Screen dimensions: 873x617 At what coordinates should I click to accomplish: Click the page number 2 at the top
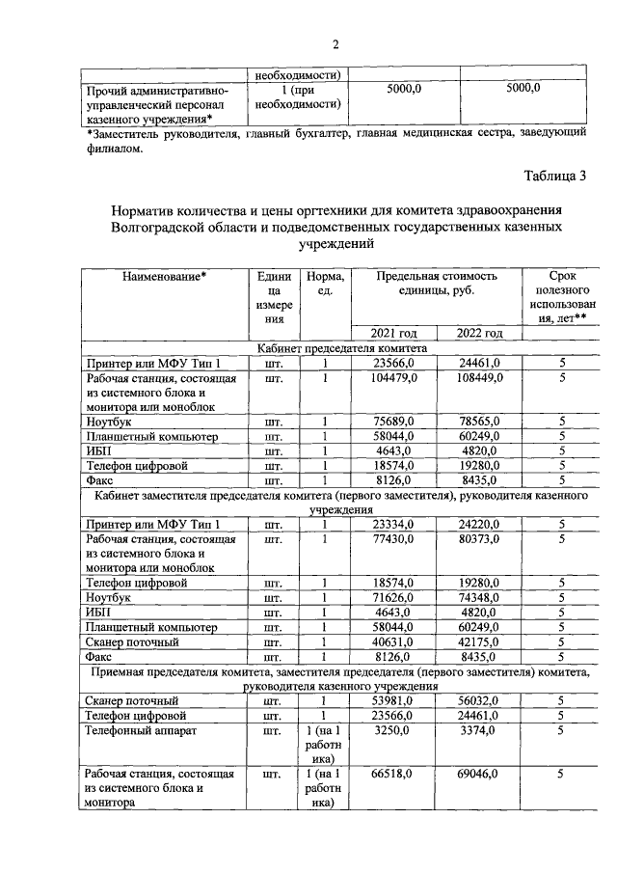[336, 43]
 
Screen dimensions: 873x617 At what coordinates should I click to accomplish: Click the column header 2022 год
[479, 333]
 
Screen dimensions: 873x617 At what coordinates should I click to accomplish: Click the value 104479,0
[396, 378]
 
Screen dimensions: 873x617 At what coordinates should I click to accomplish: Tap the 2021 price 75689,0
[396, 421]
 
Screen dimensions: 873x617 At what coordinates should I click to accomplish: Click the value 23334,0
[396, 524]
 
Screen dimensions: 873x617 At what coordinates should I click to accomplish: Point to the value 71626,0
[396, 598]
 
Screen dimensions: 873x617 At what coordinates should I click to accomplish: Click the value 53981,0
[396, 701]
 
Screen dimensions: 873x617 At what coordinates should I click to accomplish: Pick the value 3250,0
[396, 731]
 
